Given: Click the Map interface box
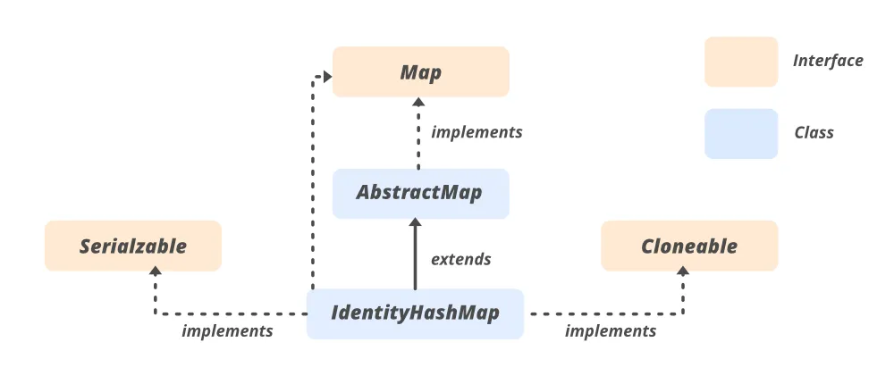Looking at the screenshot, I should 420,71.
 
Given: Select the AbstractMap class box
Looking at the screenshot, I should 420,193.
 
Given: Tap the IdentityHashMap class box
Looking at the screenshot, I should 415,313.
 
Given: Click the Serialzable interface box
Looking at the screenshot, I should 133,246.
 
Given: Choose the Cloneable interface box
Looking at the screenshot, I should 689,246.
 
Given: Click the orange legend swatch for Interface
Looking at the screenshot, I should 740,62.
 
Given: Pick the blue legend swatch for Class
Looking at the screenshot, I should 740,133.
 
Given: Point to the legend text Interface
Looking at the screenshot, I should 828,61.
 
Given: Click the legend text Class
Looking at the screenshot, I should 814,133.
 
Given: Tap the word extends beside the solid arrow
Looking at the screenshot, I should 460,260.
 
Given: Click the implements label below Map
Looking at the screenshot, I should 477,132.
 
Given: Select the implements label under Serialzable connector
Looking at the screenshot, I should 227,331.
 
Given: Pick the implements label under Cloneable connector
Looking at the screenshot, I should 611,331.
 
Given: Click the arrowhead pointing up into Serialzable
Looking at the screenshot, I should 155,278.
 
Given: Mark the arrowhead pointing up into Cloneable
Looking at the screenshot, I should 685,278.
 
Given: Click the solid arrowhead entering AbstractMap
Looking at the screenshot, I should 415,225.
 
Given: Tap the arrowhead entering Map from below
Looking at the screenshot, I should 417,104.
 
